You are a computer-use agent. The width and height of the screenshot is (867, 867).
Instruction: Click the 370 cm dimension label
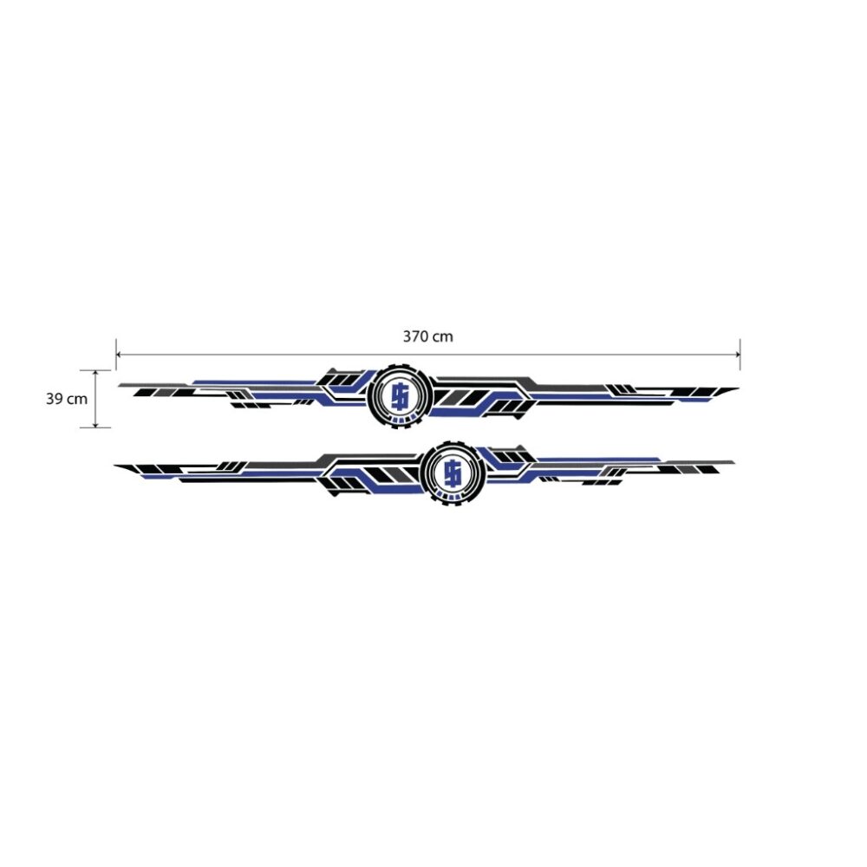tap(427, 336)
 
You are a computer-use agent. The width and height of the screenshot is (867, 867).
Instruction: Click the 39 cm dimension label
tap(67, 399)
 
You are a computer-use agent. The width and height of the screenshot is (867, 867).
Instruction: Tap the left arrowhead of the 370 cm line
tap(119, 355)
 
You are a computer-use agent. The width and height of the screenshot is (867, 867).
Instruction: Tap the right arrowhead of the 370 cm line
tap(737, 355)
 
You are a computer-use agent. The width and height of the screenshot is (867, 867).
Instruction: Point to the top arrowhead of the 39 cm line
tap(95, 373)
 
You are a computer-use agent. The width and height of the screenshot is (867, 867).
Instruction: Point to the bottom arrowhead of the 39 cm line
tap(95, 424)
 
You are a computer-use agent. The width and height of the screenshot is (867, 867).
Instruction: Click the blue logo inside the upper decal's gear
tap(400, 397)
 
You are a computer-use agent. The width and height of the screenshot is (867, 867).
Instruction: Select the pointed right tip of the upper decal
tap(738, 388)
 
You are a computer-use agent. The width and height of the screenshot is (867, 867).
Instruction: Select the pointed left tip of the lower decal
tap(115, 466)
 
